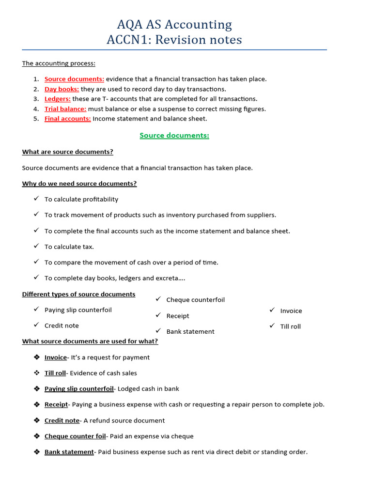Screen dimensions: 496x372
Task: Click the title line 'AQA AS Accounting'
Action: click(x=174, y=24)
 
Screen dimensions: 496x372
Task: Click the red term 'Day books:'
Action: click(x=62, y=89)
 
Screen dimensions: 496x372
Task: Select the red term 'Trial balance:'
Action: click(x=65, y=109)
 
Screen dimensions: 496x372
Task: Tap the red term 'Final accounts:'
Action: click(x=67, y=119)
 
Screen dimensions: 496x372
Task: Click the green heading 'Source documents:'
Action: click(x=174, y=136)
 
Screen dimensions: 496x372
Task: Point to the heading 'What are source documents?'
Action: click(x=67, y=152)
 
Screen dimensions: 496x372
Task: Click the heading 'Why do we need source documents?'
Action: click(x=79, y=184)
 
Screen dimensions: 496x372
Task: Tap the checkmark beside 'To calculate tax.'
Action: click(x=36, y=246)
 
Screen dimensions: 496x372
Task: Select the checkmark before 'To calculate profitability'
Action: click(x=36, y=199)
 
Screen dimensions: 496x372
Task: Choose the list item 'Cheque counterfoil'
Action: click(x=195, y=300)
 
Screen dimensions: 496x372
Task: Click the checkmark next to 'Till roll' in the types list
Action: click(x=272, y=326)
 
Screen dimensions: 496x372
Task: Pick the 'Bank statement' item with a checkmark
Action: click(x=190, y=332)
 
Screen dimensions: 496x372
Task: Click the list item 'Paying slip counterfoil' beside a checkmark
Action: click(x=78, y=310)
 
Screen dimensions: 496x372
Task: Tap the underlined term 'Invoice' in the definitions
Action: click(x=55, y=357)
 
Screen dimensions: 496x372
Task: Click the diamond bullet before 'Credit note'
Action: click(x=36, y=420)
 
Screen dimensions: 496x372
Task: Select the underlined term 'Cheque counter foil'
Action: click(x=75, y=436)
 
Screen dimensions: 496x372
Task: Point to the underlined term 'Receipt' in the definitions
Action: click(x=56, y=404)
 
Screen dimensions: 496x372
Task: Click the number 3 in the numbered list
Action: click(x=36, y=99)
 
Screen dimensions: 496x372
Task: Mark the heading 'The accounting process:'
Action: click(x=59, y=63)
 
